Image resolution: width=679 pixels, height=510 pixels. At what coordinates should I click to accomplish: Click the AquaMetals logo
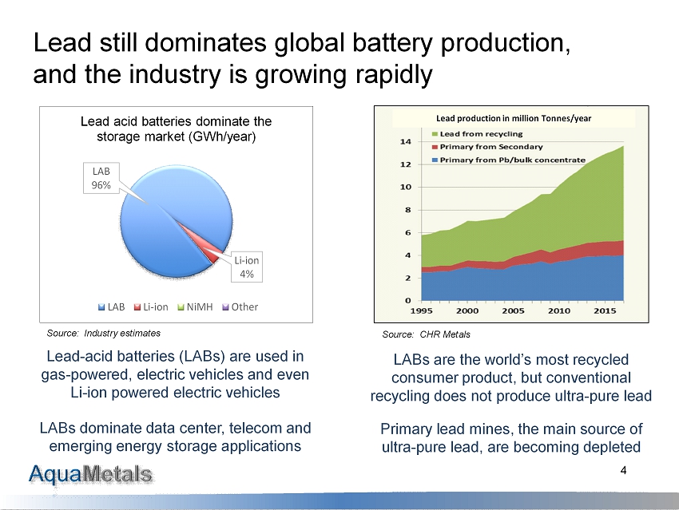[91, 475]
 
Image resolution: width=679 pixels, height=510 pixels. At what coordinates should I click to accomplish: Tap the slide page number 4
[622, 472]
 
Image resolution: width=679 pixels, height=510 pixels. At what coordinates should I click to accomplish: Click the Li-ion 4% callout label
[246, 267]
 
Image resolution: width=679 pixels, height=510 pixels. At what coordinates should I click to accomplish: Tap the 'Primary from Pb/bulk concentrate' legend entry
[512, 160]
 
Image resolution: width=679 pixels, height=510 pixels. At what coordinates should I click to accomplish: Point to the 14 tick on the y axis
[405, 141]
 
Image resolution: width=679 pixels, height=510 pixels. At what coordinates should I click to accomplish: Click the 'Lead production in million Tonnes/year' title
[514, 118]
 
